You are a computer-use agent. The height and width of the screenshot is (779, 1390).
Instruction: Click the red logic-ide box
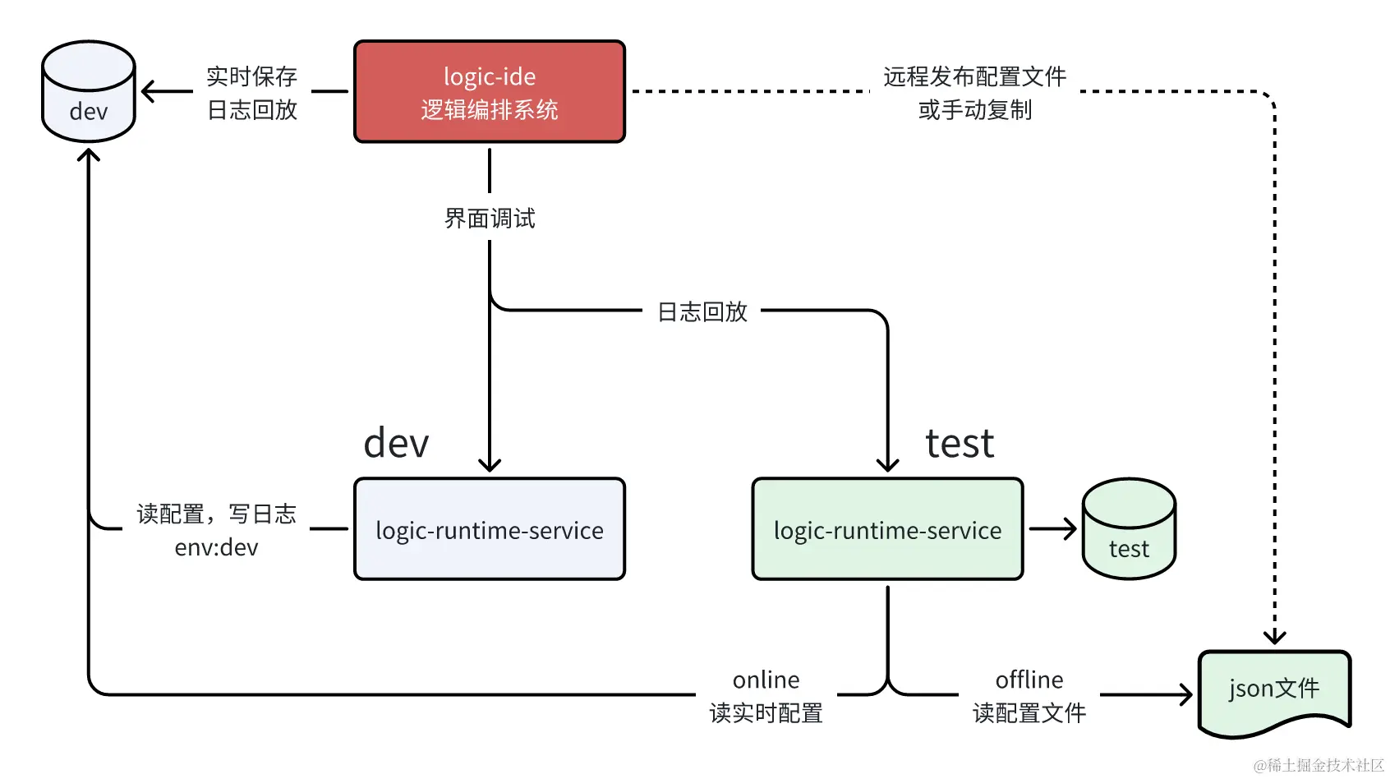[490, 92]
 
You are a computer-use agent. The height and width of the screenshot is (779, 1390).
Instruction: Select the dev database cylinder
[89, 92]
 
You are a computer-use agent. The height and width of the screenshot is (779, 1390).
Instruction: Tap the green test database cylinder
[1129, 530]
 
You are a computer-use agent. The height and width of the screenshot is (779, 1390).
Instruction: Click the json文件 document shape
[1274, 690]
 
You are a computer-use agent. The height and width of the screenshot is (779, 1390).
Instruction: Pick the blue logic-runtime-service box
[490, 530]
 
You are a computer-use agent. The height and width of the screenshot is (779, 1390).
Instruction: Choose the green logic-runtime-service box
[887, 530]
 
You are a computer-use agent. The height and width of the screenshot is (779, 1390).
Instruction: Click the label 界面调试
[490, 219]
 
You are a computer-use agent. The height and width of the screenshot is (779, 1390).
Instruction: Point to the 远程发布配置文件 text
[974, 76]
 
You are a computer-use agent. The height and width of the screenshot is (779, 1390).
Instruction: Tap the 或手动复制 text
[974, 110]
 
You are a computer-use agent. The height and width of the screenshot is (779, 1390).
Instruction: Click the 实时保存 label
[251, 76]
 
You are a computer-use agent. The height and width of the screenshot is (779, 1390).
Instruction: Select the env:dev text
[216, 547]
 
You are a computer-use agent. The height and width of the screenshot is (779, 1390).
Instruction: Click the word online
[766, 680]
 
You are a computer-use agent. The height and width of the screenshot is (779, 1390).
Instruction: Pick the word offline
[1029, 680]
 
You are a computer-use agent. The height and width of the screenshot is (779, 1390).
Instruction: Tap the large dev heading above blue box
[396, 444]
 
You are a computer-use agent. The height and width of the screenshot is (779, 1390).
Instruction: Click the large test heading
[959, 444]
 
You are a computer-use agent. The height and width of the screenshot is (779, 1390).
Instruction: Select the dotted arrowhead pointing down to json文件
[1274, 636]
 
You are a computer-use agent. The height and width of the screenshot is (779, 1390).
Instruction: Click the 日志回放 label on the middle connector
[702, 312]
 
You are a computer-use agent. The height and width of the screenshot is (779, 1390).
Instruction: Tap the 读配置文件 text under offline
[1029, 713]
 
